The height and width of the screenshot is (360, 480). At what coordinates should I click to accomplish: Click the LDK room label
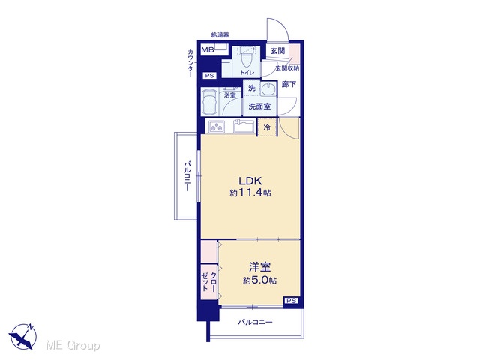click(250, 181)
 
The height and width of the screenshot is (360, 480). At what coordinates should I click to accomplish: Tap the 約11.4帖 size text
click(250, 193)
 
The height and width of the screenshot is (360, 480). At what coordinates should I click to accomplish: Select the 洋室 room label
click(260, 267)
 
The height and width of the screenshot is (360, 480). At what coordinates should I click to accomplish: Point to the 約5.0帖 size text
click(260, 280)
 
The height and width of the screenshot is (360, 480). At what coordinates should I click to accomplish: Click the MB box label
click(208, 50)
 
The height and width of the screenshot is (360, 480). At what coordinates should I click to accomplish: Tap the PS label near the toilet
click(210, 76)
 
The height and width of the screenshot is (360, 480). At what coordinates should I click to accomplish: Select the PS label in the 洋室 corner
click(292, 301)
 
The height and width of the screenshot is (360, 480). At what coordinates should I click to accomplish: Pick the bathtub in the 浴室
click(210, 102)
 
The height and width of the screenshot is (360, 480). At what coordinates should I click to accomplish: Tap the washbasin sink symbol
click(268, 89)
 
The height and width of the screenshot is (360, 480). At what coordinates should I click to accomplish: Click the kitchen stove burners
click(217, 127)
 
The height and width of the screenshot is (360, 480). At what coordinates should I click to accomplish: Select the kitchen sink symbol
click(244, 126)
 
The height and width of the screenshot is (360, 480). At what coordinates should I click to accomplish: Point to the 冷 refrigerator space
click(267, 127)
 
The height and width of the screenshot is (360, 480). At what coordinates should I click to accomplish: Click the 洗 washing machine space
click(252, 88)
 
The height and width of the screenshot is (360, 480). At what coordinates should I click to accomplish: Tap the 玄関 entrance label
click(278, 51)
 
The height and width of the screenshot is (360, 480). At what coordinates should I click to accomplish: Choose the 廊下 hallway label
click(289, 84)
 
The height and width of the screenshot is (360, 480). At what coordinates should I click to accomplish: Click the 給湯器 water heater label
click(220, 35)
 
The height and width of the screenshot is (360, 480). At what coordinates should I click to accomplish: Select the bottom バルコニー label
click(255, 322)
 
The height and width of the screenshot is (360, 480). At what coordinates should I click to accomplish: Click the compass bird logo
click(23, 336)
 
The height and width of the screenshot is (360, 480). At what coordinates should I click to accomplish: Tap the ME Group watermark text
click(73, 345)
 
